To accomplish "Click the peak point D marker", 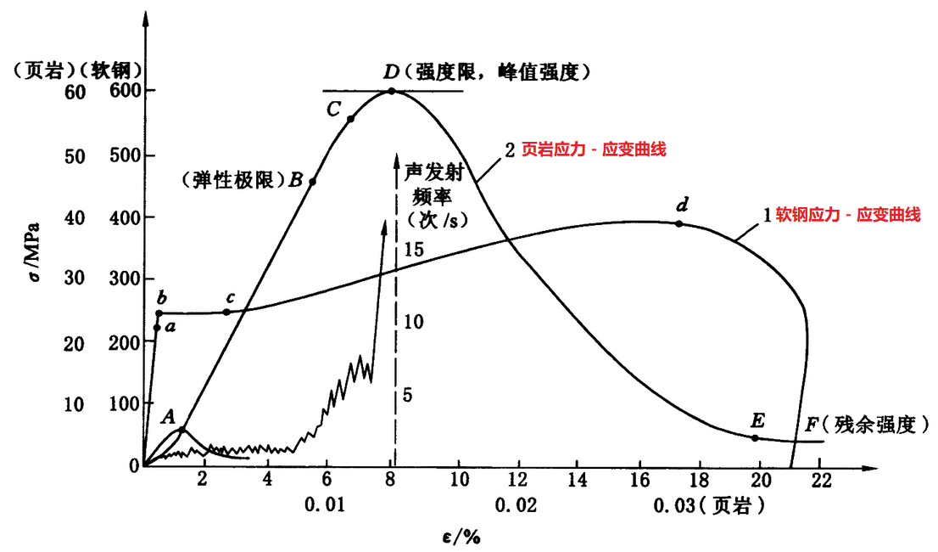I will coord(391,91).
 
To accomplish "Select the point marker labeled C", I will coord(350,119).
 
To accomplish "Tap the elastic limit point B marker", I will coord(313,182).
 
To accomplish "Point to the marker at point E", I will coord(755,438).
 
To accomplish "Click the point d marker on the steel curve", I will coord(678,224).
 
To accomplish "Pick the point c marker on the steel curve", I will coord(226,313).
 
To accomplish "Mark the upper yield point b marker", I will coord(159,313).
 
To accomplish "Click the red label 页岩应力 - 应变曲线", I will coord(593,149).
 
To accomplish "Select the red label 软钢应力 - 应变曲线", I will coord(848,215).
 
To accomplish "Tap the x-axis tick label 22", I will coord(820,479).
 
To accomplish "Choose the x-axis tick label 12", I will coord(519,479).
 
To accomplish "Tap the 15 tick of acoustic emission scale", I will coord(413,250).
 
